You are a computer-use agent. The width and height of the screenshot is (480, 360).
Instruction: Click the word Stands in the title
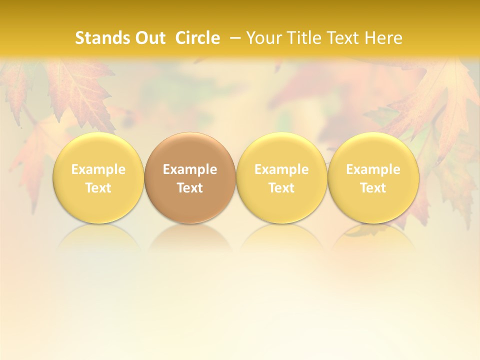point(101,38)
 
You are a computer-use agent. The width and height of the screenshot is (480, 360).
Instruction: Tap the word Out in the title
point(149,38)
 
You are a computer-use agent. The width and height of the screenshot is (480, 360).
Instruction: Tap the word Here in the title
point(383,38)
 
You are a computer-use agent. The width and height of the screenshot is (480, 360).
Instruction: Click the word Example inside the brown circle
point(190,169)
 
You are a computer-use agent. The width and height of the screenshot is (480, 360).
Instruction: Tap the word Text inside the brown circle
point(190,188)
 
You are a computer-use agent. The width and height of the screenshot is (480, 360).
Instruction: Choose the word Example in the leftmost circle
point(98,169)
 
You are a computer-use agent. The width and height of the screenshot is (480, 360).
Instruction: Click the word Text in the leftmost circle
point(98,188)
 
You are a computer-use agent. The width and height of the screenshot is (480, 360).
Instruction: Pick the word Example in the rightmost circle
point(373,169)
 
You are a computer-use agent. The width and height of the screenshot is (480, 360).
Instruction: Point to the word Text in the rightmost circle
point(373,188)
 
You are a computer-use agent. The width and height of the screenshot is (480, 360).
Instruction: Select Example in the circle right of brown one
point(281,169)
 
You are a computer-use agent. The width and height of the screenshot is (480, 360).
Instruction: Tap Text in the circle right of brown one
point(281,188)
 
